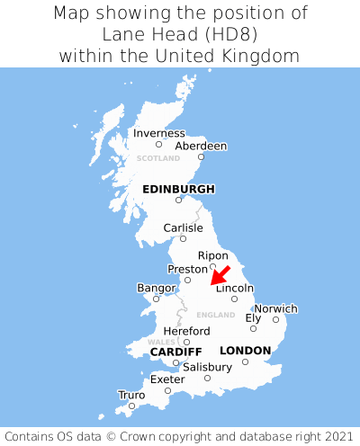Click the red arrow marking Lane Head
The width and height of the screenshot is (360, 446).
[x=220, y=275]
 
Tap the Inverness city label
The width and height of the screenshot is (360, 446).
[x=158, y=133]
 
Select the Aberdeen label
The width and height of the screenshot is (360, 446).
[x=201, y=146]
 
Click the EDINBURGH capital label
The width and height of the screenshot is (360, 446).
[x=178, y=189]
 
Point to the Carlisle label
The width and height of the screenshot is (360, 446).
[x=183, y=227]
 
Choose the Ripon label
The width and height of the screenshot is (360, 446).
[x=212, y=255]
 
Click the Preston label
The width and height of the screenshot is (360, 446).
[x=187, y=269]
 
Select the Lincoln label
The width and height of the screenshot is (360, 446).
[x=235, y=288]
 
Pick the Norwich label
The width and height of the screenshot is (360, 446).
[x=275, y=308]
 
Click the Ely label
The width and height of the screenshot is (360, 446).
[x=253, y=317]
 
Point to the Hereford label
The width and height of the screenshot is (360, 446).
[x=186, y=331]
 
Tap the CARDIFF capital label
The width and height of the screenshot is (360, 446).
[x=175, y=351]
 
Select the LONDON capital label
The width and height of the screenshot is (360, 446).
[x=245, y=350]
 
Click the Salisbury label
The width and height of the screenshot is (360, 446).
[x=207, y=367]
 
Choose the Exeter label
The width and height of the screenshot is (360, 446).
[x=167, y=379]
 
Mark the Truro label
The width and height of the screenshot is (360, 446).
[x=131, y=395]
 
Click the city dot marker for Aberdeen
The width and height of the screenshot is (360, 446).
[x=202, y=157]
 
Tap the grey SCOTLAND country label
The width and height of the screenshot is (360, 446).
[x=158, y=158]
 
